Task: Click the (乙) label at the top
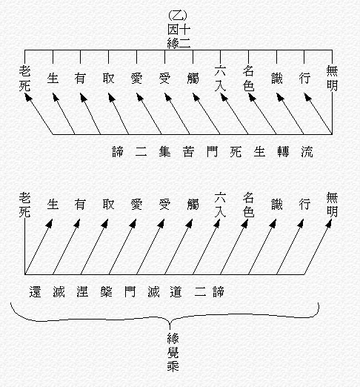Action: (x=178, y=16)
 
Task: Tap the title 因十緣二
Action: (x=179, y=36)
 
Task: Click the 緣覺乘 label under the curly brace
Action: (x=173, y=352)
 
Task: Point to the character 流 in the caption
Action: (x=307, y=151)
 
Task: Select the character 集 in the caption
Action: (x=164, y=151)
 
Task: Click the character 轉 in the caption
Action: (x=283, y=151)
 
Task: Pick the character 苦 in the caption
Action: (x=188, y=151)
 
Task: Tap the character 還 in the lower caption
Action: (x=35, y=291)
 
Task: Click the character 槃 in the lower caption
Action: (x=107, y=291)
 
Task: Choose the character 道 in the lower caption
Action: (x=176, y=291)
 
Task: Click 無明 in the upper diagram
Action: (x=332, y=78)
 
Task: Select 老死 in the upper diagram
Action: (x=24, y=78)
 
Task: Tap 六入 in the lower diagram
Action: (x=220, y=205)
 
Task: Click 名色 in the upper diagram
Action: (x=248, y=78)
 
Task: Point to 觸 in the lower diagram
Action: (x=193, y=205)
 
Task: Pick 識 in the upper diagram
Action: (x=277, y=79)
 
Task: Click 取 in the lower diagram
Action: (x=108, y=205)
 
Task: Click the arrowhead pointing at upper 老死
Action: (x=28, y=98)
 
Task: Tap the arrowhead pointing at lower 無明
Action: (x=329, y=223)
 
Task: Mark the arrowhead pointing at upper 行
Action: (x=307, y=97)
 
